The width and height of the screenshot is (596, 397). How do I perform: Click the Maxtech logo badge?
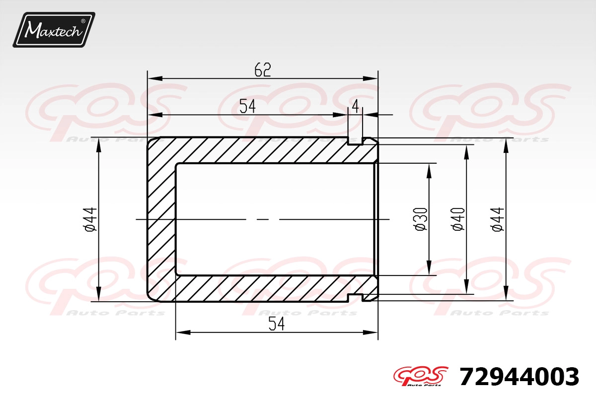(x=54, y=30)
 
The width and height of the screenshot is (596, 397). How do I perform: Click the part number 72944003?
(x=519, y=377)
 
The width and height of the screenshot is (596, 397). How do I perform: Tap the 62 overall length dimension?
(x=263, y=70)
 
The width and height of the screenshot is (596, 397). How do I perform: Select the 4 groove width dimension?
(x=355, y=107)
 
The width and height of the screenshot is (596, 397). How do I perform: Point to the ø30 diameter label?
(x=421, y=219)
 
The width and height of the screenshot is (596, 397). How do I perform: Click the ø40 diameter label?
(x=457, y=219)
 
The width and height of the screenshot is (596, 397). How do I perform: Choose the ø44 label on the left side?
(x=90, y=219)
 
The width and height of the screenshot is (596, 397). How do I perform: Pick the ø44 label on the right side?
(x=498, y=219)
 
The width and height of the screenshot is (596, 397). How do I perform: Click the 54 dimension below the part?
(x=277, y=324)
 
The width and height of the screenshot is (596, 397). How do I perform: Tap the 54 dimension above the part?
(x=247, y=106)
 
